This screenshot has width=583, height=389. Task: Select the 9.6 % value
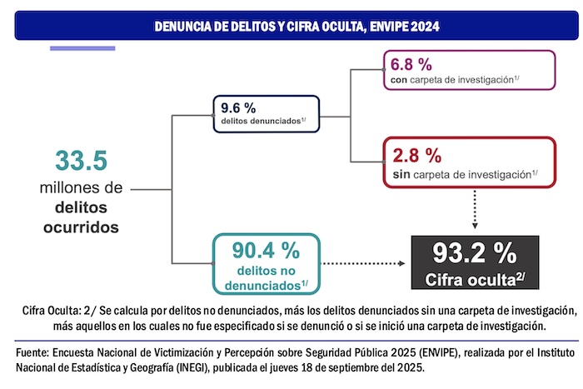239,107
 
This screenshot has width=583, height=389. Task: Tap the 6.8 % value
412,65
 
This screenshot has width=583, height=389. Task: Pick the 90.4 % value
254,249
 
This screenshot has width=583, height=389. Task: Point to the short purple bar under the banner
82,47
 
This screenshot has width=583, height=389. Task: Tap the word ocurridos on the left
81,226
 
